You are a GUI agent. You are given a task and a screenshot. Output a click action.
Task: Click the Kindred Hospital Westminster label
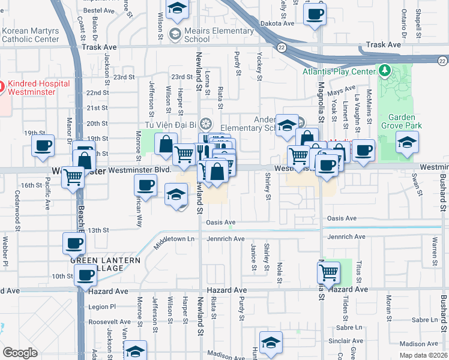click(x=40, y=88)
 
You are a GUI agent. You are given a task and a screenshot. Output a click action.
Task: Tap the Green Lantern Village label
click(x=105, y=264)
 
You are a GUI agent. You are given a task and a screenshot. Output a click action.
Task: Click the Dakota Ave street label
click(x=278, y=23)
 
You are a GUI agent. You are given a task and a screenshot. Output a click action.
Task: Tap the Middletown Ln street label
click(x=174, y=239)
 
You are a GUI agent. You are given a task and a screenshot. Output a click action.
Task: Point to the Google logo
click(x=20, y=352)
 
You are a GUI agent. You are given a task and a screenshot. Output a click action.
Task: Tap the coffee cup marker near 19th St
click(x=43, y=145)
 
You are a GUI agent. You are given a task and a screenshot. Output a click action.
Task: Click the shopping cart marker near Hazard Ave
click(x=328, y=272)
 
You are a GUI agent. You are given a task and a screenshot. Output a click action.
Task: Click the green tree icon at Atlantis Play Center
click(x=384, y=71)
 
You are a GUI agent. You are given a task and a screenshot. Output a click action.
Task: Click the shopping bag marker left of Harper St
click(x=165, y=144)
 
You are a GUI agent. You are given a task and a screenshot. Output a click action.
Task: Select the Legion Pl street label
click(x=101, y=307)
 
